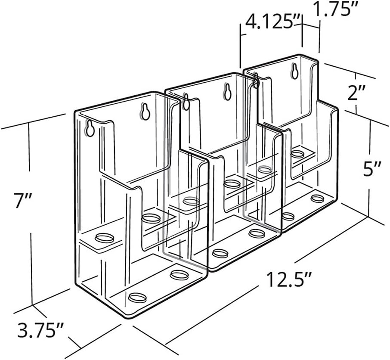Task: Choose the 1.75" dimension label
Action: (330, 9)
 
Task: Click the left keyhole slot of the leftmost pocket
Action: (90, 128)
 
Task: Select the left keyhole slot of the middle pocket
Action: (186, 102)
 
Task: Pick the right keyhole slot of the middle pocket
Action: (227, 92)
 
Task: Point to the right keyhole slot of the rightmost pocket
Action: (295, 71)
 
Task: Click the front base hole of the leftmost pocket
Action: (138, 298)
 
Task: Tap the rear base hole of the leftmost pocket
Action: (179, 275)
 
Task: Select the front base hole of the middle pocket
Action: (220, 253)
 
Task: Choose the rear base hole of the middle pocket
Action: (257, 233)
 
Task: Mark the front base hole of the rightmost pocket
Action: (288, 216)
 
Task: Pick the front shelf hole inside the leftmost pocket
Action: (105, 238)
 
